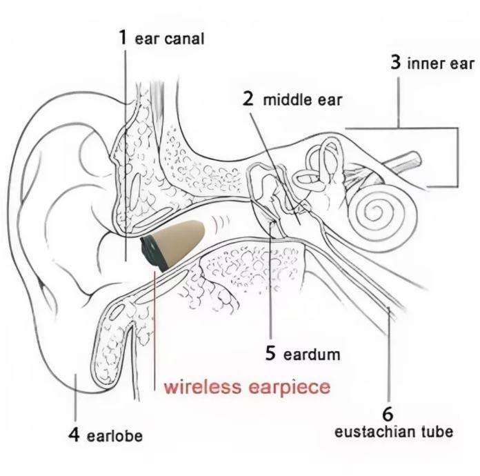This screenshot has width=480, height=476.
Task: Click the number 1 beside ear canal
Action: point(123,37)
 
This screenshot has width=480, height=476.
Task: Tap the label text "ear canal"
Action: point(170,39)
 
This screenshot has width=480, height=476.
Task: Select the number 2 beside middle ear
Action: point(248,98)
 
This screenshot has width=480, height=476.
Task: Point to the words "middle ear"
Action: point(303,100)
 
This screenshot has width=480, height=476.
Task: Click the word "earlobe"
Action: point(114,437)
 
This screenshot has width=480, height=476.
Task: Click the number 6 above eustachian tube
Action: point(388,414)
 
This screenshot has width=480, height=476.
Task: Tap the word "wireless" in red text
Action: point(202,386)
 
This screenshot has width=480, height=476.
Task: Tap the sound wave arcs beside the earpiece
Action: point(221,224)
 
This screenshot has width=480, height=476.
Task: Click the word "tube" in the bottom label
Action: point(437,433)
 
